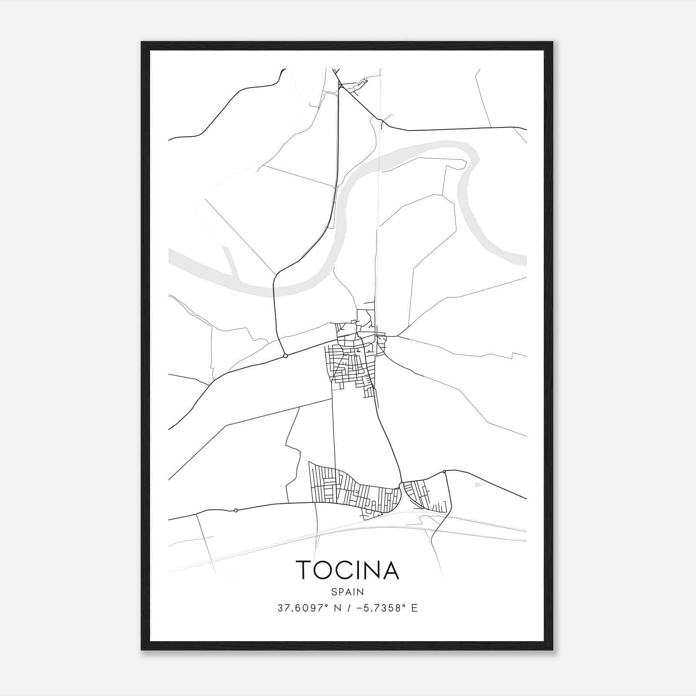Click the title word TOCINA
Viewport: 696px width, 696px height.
(347, 570)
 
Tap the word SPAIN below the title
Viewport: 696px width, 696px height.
(348, 592)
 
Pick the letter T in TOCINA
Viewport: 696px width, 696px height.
(303, 570)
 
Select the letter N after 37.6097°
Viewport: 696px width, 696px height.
(336, 608)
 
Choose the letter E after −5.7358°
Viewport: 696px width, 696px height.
(415, 608)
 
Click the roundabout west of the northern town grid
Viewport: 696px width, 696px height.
(285, 356)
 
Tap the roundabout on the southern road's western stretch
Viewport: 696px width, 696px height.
(236, 510)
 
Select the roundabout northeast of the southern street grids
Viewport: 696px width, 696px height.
(444, 472)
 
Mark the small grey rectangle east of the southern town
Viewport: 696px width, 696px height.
(478, 485)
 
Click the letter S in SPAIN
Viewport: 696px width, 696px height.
(334, 592)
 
